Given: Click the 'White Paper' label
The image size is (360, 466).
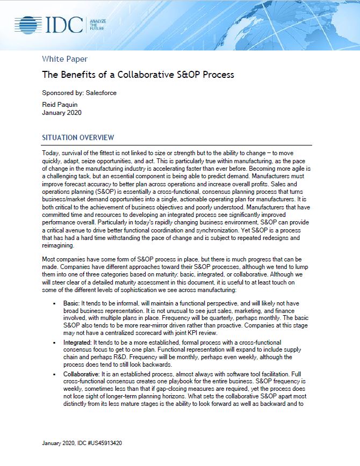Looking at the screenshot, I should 64,59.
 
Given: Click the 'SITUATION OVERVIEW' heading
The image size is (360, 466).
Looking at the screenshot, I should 78,138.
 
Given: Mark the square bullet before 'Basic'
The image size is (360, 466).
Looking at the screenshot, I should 54,304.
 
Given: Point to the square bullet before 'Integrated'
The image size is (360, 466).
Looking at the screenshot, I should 54,342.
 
